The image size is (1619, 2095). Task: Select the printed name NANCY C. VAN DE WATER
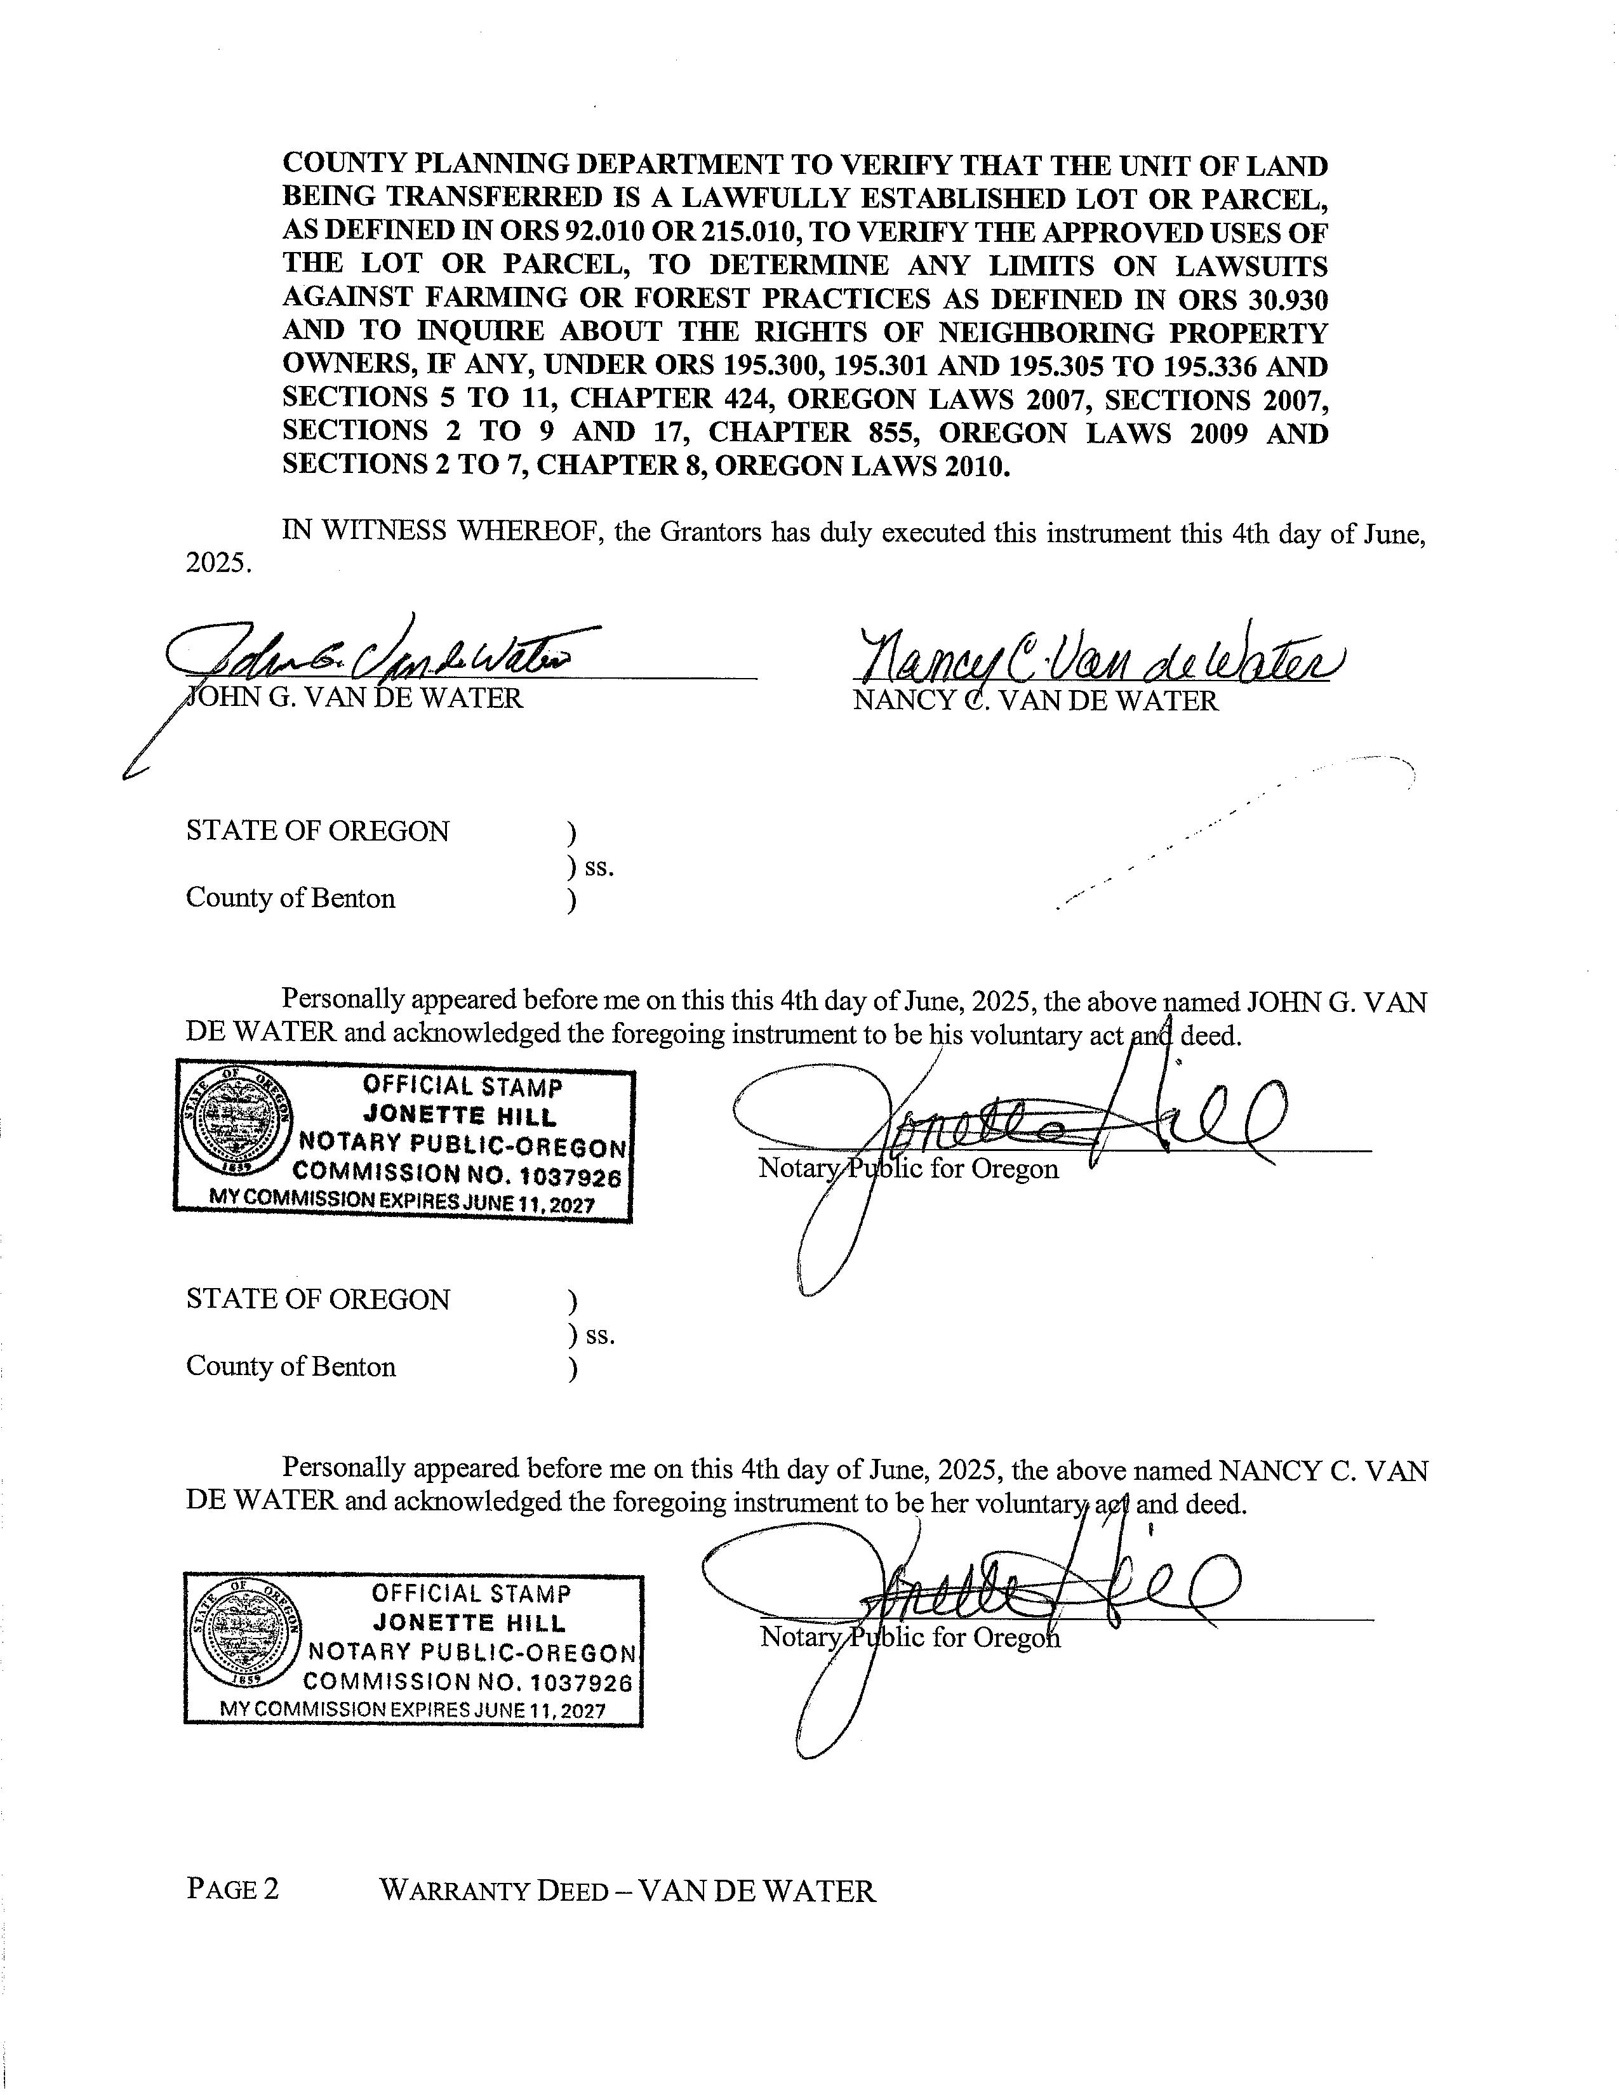coord(1036,700)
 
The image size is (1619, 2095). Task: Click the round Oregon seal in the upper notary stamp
coord(235,1122)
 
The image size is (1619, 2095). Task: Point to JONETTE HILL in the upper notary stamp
coord(460,1115)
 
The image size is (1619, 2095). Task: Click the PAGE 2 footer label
coord(232,1890)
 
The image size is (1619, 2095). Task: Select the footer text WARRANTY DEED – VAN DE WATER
coord(627,1891)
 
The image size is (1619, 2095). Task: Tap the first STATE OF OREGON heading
coord(317,831)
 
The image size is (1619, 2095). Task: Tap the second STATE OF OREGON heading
coord(317,1299)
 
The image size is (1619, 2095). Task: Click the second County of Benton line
coord(291,1366)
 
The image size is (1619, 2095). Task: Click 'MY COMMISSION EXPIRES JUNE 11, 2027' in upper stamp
coord(403,1204)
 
